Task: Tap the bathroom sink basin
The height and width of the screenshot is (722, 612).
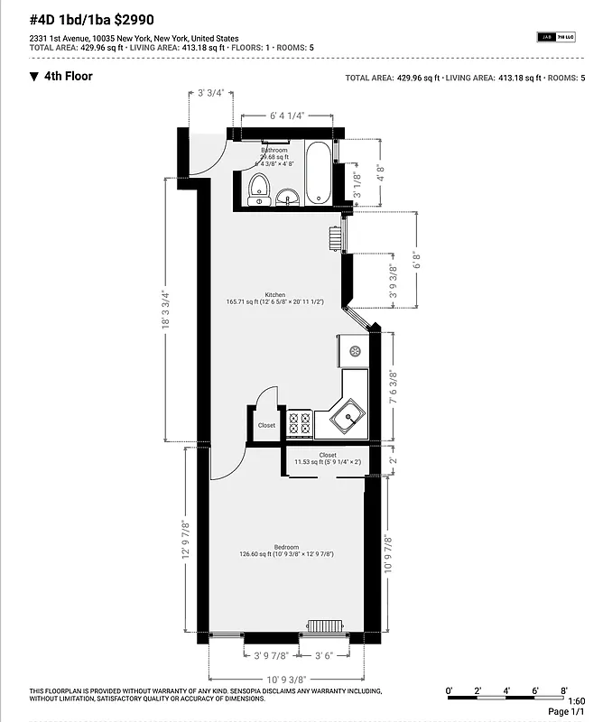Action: pyautogui.click(x=288, y=197)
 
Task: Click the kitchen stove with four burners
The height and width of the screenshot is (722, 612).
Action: pyautogui.click(x=300, y=422)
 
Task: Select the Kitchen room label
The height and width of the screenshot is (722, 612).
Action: pyautogui.click(x=275, y=295)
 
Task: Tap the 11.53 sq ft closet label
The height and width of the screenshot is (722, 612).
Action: pyautogui.click(x=327, y=459)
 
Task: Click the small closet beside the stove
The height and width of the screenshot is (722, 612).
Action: pyautogui.click(x=267, y=425)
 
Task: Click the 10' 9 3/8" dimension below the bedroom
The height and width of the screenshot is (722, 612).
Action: pyautogui.click(x=286, y=678)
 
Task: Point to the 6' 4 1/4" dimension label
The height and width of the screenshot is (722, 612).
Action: pyautogui.click(x=287, y=116)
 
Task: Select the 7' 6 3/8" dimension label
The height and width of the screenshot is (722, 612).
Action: pyautogui.click(x=392, y=389)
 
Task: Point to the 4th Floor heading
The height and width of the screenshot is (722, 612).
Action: pyautogui.click(x=68, y=77)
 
